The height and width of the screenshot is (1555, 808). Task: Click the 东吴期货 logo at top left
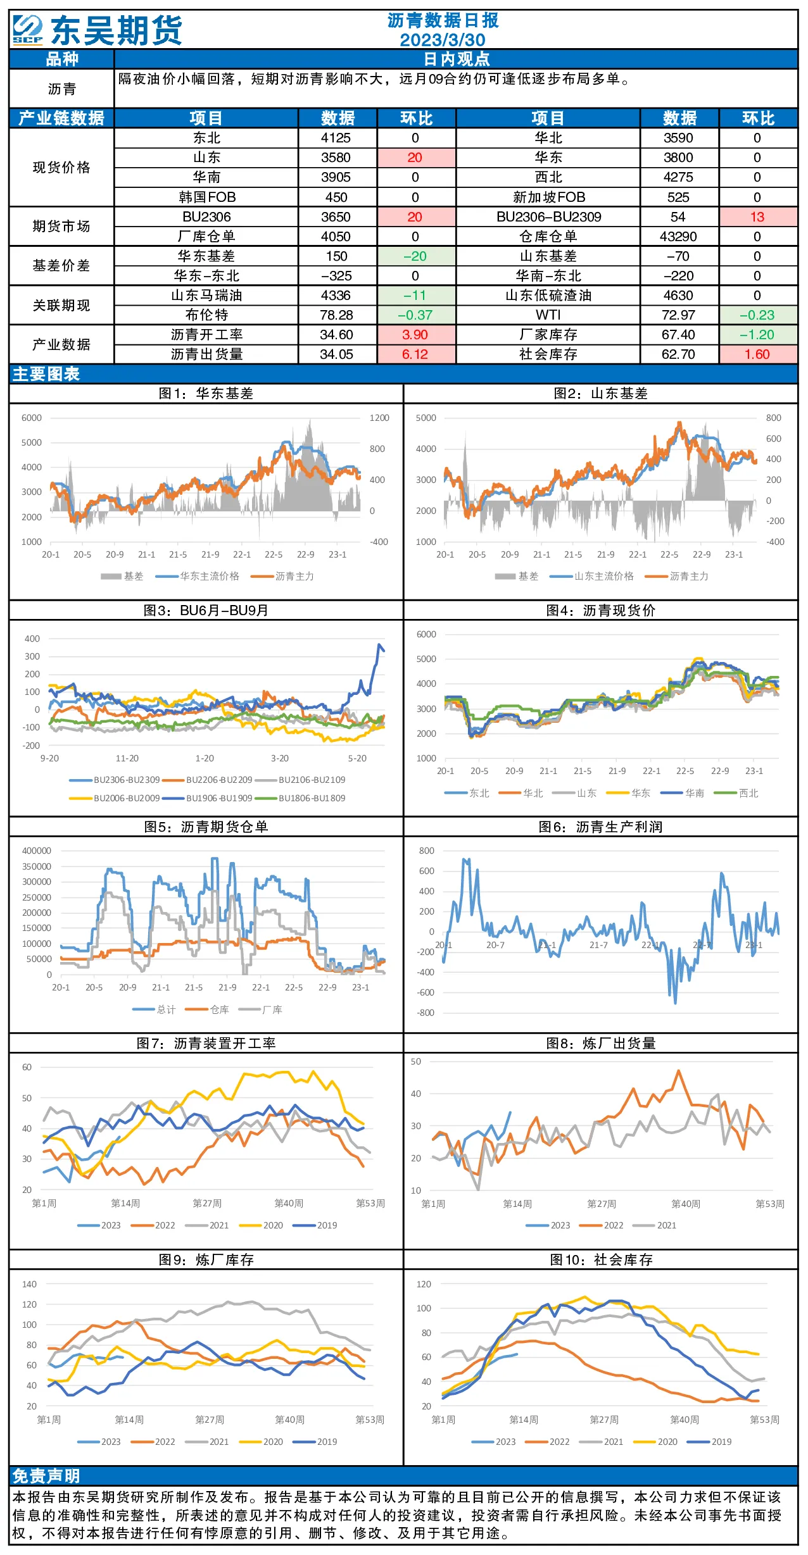(97, 30)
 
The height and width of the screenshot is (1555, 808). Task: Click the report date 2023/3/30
(443, 40)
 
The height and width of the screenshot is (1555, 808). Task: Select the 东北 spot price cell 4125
(336, 138)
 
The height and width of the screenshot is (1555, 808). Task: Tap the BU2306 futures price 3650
(336, 217)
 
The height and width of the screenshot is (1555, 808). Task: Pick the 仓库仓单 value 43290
(678, 237)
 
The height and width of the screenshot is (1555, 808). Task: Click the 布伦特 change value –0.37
(415, 315)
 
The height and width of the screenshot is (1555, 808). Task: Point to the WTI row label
(548, 315)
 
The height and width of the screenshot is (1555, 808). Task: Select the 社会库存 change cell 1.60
(757, 354)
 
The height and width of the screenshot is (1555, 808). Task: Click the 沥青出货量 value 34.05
(336, 354)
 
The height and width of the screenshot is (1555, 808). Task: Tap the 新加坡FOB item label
(549, 197)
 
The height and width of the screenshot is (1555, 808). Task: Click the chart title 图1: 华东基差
(206, 394)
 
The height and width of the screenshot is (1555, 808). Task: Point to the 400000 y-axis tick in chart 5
(37, 851)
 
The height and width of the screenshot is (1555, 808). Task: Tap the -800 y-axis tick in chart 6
(426, 1013)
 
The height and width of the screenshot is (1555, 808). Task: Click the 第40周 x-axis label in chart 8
(686, 1204)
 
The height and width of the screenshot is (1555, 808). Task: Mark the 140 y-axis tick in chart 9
(30, 1284)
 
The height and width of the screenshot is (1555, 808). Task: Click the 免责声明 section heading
(46, 1476)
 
